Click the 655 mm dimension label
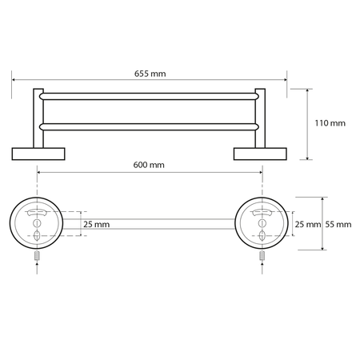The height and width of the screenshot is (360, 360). [150, 74]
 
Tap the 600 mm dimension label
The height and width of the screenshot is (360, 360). [149, 165]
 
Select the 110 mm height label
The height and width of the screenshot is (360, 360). [330, 123]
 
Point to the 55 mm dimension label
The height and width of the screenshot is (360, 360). [338, 225]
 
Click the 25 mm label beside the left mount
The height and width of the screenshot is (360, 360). [97, 225]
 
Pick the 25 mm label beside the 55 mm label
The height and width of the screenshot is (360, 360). [308, 225]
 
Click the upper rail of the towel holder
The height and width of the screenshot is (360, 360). [149, 97]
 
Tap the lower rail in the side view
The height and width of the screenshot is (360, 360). [149, 127]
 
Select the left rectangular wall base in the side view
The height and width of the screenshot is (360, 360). [38, 154]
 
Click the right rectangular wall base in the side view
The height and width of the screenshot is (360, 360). [260, 154]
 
